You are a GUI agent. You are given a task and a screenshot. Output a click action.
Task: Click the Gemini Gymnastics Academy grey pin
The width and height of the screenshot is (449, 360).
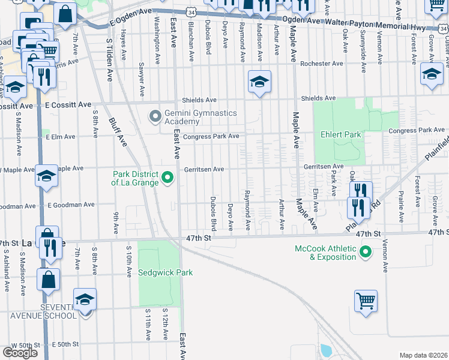pos(155,115)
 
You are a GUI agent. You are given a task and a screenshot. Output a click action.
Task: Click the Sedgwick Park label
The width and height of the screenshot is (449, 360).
pos(165,272)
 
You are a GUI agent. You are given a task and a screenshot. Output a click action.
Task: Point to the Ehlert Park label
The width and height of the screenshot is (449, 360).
pos(340,134)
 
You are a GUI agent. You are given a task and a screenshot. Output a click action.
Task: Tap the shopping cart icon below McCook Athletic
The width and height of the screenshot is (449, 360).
pos(365,300)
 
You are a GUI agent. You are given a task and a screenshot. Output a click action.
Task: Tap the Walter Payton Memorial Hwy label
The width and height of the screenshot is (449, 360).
pos(375,25)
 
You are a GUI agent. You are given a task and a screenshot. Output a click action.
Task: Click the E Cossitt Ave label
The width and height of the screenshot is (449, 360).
pos(67,104)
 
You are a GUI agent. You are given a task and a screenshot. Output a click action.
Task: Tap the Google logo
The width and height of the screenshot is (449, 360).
pos(20,352)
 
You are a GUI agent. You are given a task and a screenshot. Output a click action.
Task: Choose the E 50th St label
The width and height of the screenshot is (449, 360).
pos(65,344)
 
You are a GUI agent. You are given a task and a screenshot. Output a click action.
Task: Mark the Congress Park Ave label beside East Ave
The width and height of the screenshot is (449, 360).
pos(211,136)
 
